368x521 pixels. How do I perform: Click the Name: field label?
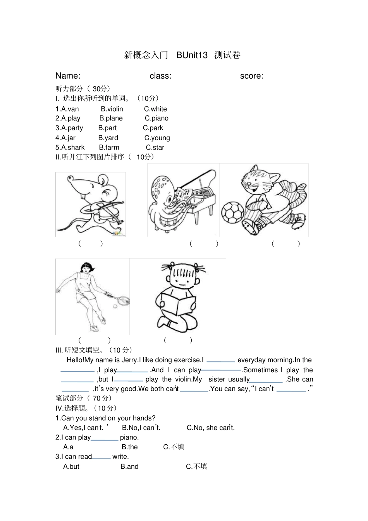(68, 76)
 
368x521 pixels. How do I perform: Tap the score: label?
(251, 76)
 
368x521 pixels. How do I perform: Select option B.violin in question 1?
(112, 109)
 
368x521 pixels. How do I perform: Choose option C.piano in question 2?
(156, 119)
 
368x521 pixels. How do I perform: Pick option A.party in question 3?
(69, 128)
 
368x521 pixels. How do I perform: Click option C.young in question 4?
(157, 138)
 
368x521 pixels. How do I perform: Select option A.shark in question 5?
(70, 148)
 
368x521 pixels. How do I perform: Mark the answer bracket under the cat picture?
(286, 244)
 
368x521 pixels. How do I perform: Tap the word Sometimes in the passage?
(260, 370)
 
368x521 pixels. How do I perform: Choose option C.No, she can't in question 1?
(210, 428)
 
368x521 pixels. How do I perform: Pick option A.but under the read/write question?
(71, 467)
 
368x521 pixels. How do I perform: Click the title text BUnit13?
(192, 55)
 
